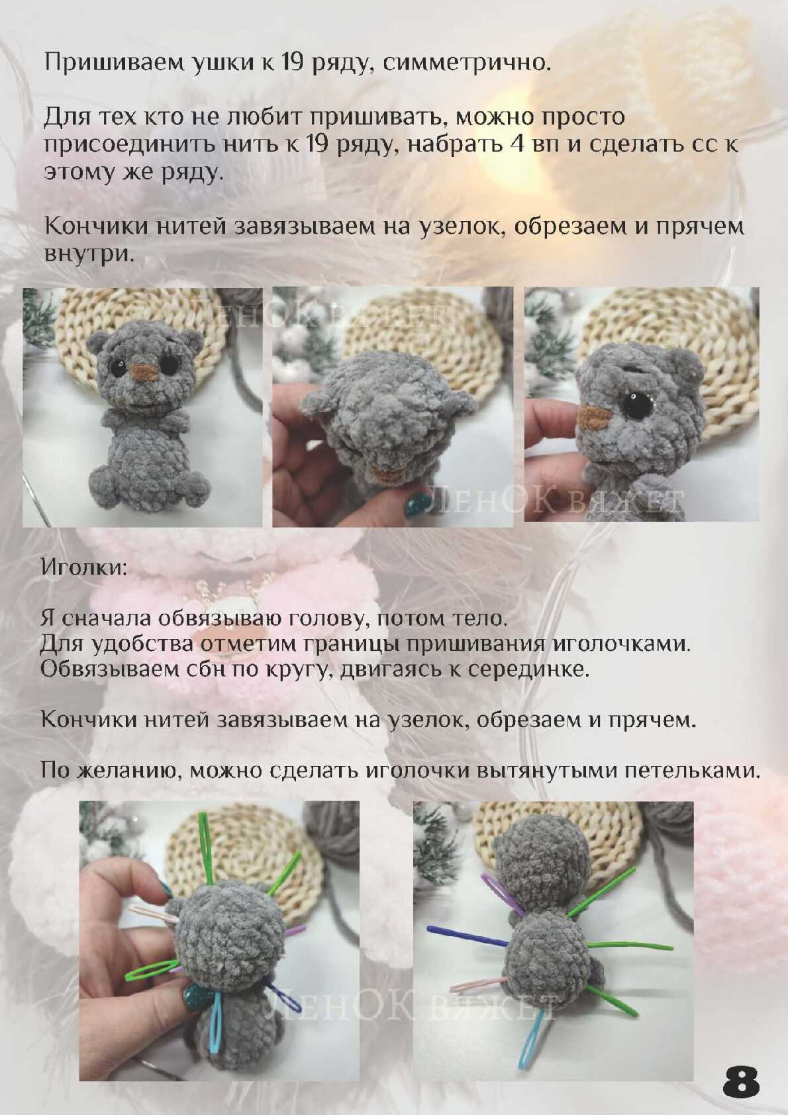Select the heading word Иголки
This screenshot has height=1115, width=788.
tap(83, 568)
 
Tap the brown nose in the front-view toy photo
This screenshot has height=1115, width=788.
tap(144, 372)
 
